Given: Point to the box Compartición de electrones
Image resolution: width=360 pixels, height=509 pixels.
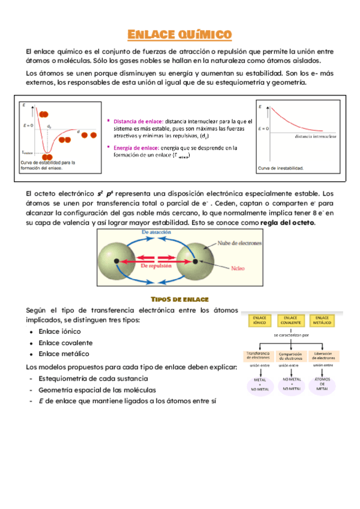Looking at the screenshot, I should tap(290, 356).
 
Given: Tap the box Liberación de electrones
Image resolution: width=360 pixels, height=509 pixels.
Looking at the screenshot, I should tap(323, 356).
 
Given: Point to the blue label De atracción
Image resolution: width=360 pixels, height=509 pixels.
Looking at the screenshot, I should tap(157, 231).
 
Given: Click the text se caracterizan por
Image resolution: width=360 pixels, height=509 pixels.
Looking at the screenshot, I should tap(291, 335).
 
